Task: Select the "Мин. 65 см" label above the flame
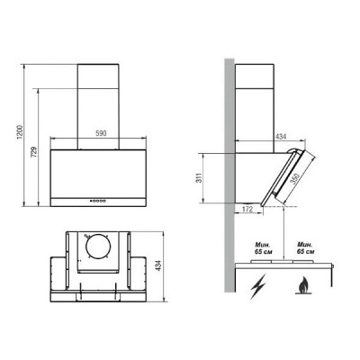(304, 247)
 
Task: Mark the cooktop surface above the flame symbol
(297, 265)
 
